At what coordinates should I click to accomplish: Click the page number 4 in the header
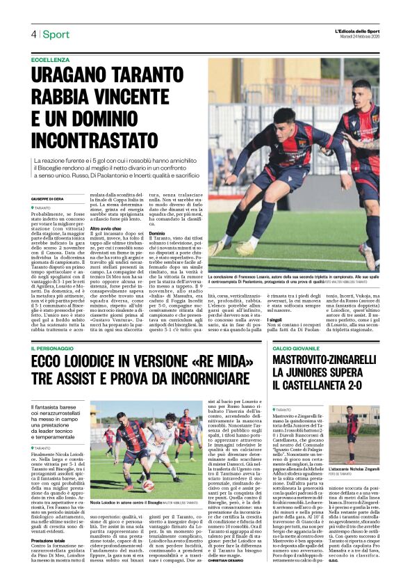pyautogui.click(x=33, y=34)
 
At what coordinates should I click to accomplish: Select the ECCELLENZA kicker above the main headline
pyautogui.click(x=50, y=61)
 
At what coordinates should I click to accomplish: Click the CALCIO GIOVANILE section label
pyautogui.click(x=296, y=348)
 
